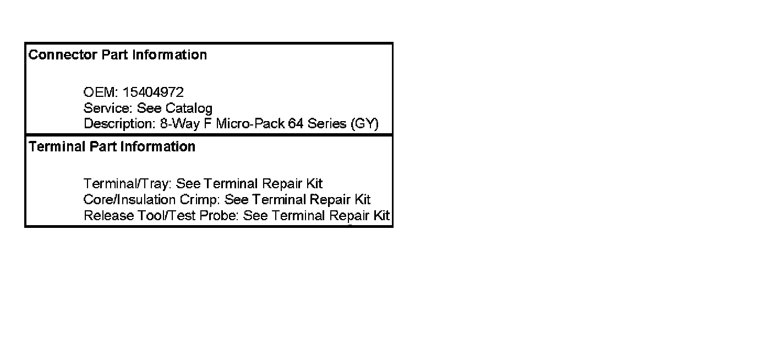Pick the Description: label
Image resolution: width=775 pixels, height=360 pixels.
pos(118,123)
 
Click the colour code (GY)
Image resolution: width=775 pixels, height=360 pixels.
pos(364,123)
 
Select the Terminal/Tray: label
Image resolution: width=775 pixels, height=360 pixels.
pos(127,183)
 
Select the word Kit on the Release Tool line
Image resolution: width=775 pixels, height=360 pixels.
pos(381,215)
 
